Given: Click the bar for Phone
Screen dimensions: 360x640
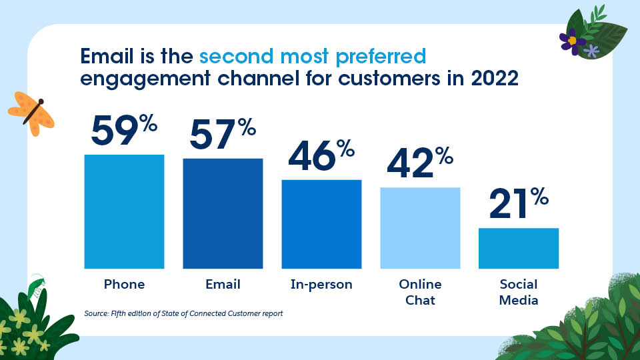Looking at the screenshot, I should coord(124,211).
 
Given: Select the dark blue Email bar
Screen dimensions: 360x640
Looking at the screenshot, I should coord(223,213).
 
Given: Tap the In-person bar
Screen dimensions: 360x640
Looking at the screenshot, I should coord(321,224).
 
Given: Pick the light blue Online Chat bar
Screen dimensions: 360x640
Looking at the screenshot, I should coord(420,228).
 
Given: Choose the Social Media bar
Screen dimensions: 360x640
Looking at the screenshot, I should coord(519,248).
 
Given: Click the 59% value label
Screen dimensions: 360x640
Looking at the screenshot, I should coord(124,131).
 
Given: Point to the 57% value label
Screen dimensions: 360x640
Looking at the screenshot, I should coord(223,135).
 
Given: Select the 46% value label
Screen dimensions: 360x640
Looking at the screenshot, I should coord(321,157).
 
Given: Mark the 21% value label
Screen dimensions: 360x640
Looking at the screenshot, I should coord(519,205).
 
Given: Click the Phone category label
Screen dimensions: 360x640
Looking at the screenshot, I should coord(124,285).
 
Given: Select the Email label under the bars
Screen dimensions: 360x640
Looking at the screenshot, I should coord(223,285).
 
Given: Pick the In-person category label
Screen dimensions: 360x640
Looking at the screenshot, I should coord(321,285).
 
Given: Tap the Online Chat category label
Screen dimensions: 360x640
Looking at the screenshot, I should coord(420,292).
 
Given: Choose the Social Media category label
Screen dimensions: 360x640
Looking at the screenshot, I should coord(519,292).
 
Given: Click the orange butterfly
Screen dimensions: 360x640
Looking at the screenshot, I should coord(31,111).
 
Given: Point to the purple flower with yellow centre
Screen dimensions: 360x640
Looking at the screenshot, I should coord(572,40).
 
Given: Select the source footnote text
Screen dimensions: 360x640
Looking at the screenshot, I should coord(184,313).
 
